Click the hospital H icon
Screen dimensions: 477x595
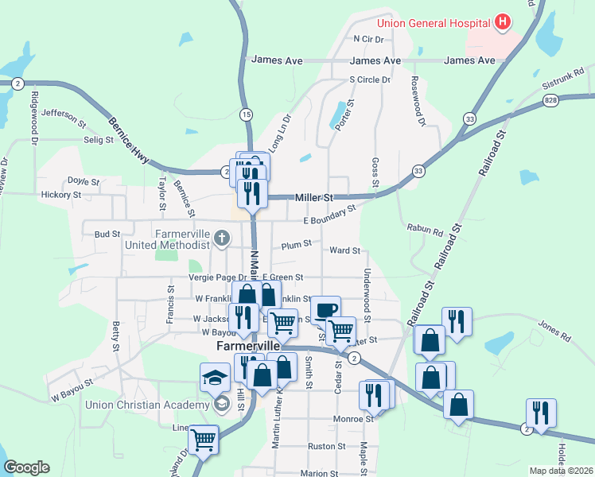coord(502,22)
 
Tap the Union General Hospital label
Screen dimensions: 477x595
coord(433,22)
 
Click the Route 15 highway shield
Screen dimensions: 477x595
coord(246,115)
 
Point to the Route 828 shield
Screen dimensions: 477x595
coord(551,101)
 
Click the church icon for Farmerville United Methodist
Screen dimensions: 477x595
coord(222,238)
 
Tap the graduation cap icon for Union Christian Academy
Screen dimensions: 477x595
coord(215,378)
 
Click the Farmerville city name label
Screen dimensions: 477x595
coord(249,347)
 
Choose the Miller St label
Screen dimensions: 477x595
coord(311,196)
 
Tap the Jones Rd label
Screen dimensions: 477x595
coord(554,330)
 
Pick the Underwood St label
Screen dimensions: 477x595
coord(367,293)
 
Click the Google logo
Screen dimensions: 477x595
coord(26,467)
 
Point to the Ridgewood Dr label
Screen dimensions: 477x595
coord(34,117)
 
